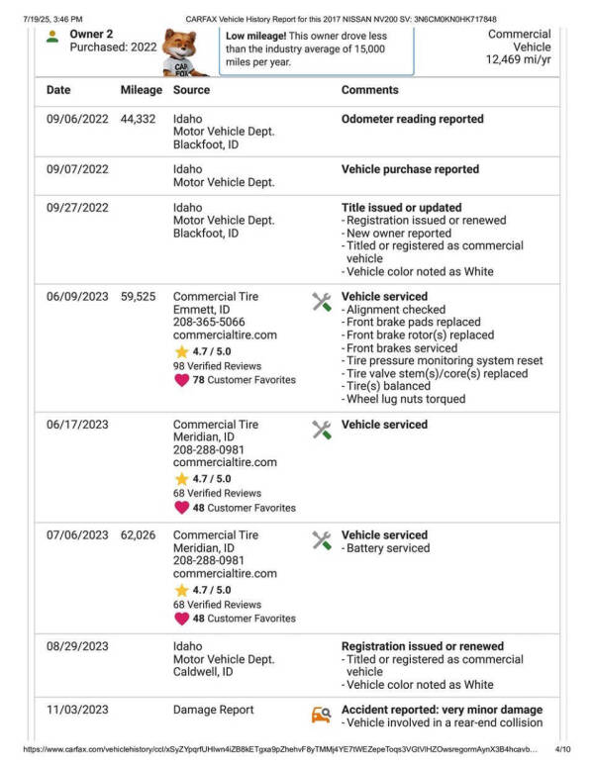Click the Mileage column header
(141, 90)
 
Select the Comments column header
(370, 90)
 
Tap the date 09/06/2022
(77, 119)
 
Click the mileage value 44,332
(139, 119)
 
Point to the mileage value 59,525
(139, 296)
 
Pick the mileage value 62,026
(139, 535)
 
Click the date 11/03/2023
(77, 710)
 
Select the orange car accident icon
(321, 715)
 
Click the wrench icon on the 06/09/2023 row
(321, 301)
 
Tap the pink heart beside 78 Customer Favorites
(181, 380)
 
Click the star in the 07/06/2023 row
(181, 590)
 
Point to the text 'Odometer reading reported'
(412, 119)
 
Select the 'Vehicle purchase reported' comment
(410, 169)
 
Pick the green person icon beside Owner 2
(52, 37)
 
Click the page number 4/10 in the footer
(563, 750)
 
